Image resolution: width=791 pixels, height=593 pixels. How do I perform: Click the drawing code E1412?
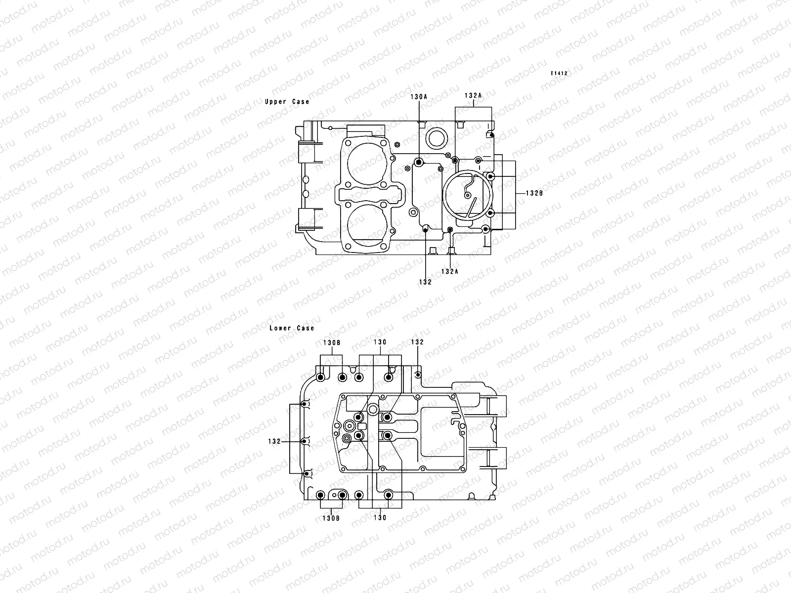[x=560, y=73]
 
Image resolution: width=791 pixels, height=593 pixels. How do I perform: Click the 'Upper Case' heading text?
[x=287, y=101]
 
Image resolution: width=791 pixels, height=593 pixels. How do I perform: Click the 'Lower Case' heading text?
[x=292, y=328]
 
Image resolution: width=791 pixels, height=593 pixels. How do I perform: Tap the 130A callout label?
[x=419, y=97]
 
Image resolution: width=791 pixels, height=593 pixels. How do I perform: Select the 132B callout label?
[x=534, y=193]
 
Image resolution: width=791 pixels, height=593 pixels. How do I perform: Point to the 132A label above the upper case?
[x=473, y=95]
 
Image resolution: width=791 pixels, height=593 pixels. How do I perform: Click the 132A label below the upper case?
[x=450, y=271]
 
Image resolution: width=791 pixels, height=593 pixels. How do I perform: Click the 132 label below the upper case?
[x=425, y=282]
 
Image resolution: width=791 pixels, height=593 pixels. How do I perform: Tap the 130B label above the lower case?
[x=332, y=342]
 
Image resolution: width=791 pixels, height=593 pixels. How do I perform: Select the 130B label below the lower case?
[x=331, y=518]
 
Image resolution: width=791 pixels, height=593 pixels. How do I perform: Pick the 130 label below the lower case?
[x=380, y=518]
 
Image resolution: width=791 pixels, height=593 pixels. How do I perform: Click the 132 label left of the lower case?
[x=275, y=441]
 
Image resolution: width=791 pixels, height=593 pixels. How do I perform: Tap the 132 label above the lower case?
[x=418, y=342]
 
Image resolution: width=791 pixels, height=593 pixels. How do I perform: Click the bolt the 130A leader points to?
[x=419, y=162]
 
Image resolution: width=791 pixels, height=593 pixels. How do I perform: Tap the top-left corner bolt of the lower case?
[x=320, y=378]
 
